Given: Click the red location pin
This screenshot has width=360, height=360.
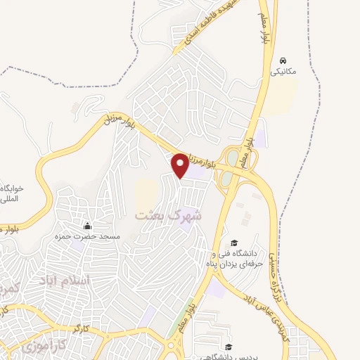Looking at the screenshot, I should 181,165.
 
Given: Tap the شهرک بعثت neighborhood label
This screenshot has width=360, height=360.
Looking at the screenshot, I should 168,214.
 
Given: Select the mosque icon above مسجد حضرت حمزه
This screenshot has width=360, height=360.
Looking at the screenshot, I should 88,226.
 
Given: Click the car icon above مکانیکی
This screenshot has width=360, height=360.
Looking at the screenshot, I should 283,60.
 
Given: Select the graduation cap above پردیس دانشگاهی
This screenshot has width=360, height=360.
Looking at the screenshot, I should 229,347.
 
